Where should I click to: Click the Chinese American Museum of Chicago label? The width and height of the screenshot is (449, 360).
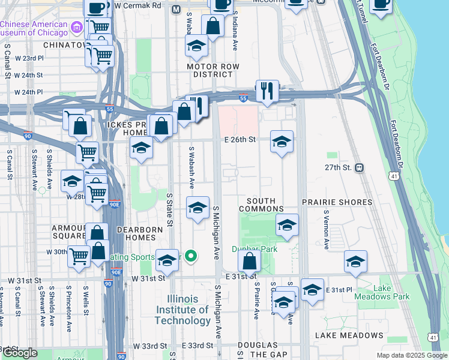point(35,28)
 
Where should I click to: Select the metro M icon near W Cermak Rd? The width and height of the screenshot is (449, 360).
point(176,10)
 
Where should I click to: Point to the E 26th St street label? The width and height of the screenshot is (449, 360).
point(240,140)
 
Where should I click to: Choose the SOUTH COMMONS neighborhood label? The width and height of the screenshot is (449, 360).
point(261,205)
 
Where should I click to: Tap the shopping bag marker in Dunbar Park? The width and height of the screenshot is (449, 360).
point(249,261)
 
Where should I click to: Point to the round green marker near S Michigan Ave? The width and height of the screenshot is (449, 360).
point(191,257)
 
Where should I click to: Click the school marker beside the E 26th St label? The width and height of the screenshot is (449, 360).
point(282,142)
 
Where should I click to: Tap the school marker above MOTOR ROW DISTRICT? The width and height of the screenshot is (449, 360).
point(196,46)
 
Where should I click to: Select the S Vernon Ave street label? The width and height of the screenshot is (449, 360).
point(327,229)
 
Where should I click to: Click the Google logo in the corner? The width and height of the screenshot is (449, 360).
point(20,353)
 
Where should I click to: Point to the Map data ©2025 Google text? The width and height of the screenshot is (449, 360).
point(411,355)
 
